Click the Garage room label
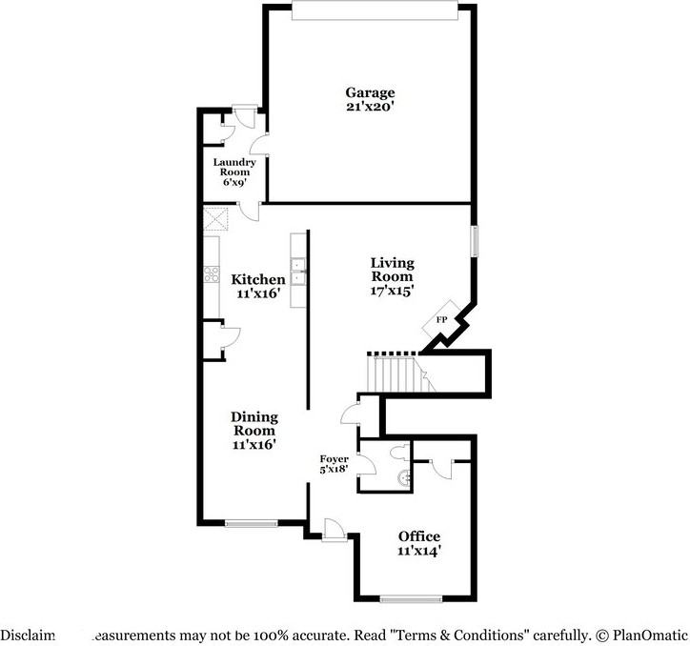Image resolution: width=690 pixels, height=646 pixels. pos(370,92)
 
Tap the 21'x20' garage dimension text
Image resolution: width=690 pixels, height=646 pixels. pos(370,107)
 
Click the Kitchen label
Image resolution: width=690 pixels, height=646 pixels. pos(258,279)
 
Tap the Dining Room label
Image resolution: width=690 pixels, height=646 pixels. pos(254,423)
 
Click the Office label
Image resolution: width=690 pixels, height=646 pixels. pos(419,536)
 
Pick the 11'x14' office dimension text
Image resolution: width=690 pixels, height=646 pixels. pos(419,551)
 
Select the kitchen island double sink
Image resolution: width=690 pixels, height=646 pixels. pos(298,271)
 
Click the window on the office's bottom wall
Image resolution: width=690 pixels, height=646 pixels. pos(411,599)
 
